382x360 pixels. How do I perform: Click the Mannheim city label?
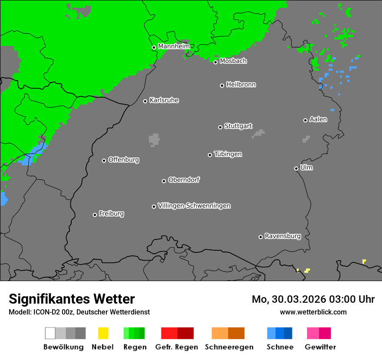[x=174, y=46]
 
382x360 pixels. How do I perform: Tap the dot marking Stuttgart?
[x=220, y=127]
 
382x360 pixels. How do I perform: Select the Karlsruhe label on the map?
[x=164, y=100]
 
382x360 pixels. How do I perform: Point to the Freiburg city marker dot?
[x=95, y=215]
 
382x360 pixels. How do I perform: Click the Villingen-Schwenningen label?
[x=194, y=206]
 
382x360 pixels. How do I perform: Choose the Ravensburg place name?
[x=283, y=236]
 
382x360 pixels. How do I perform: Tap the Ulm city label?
[x=306, y=167]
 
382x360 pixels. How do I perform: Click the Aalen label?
[x=318, y=119]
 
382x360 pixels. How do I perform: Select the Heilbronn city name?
[x=241, y=85]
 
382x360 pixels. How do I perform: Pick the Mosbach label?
[x=233, y=61]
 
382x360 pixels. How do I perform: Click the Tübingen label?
[x=228, y=154]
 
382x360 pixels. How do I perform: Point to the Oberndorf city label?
[x=184, y=180]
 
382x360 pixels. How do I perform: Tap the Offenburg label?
[x=123, y=160]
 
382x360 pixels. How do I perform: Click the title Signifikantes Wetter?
[x=72, y=299]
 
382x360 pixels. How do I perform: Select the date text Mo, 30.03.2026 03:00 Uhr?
[x=313, y=299]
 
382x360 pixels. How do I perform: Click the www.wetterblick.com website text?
[x=313, y=312]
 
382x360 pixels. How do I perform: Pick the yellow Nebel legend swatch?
[x=103, y=333]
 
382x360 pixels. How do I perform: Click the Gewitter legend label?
[x=320, y=347]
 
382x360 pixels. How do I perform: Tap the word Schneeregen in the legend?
[x=229, y=347]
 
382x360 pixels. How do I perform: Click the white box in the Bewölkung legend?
[x=50, y=333]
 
